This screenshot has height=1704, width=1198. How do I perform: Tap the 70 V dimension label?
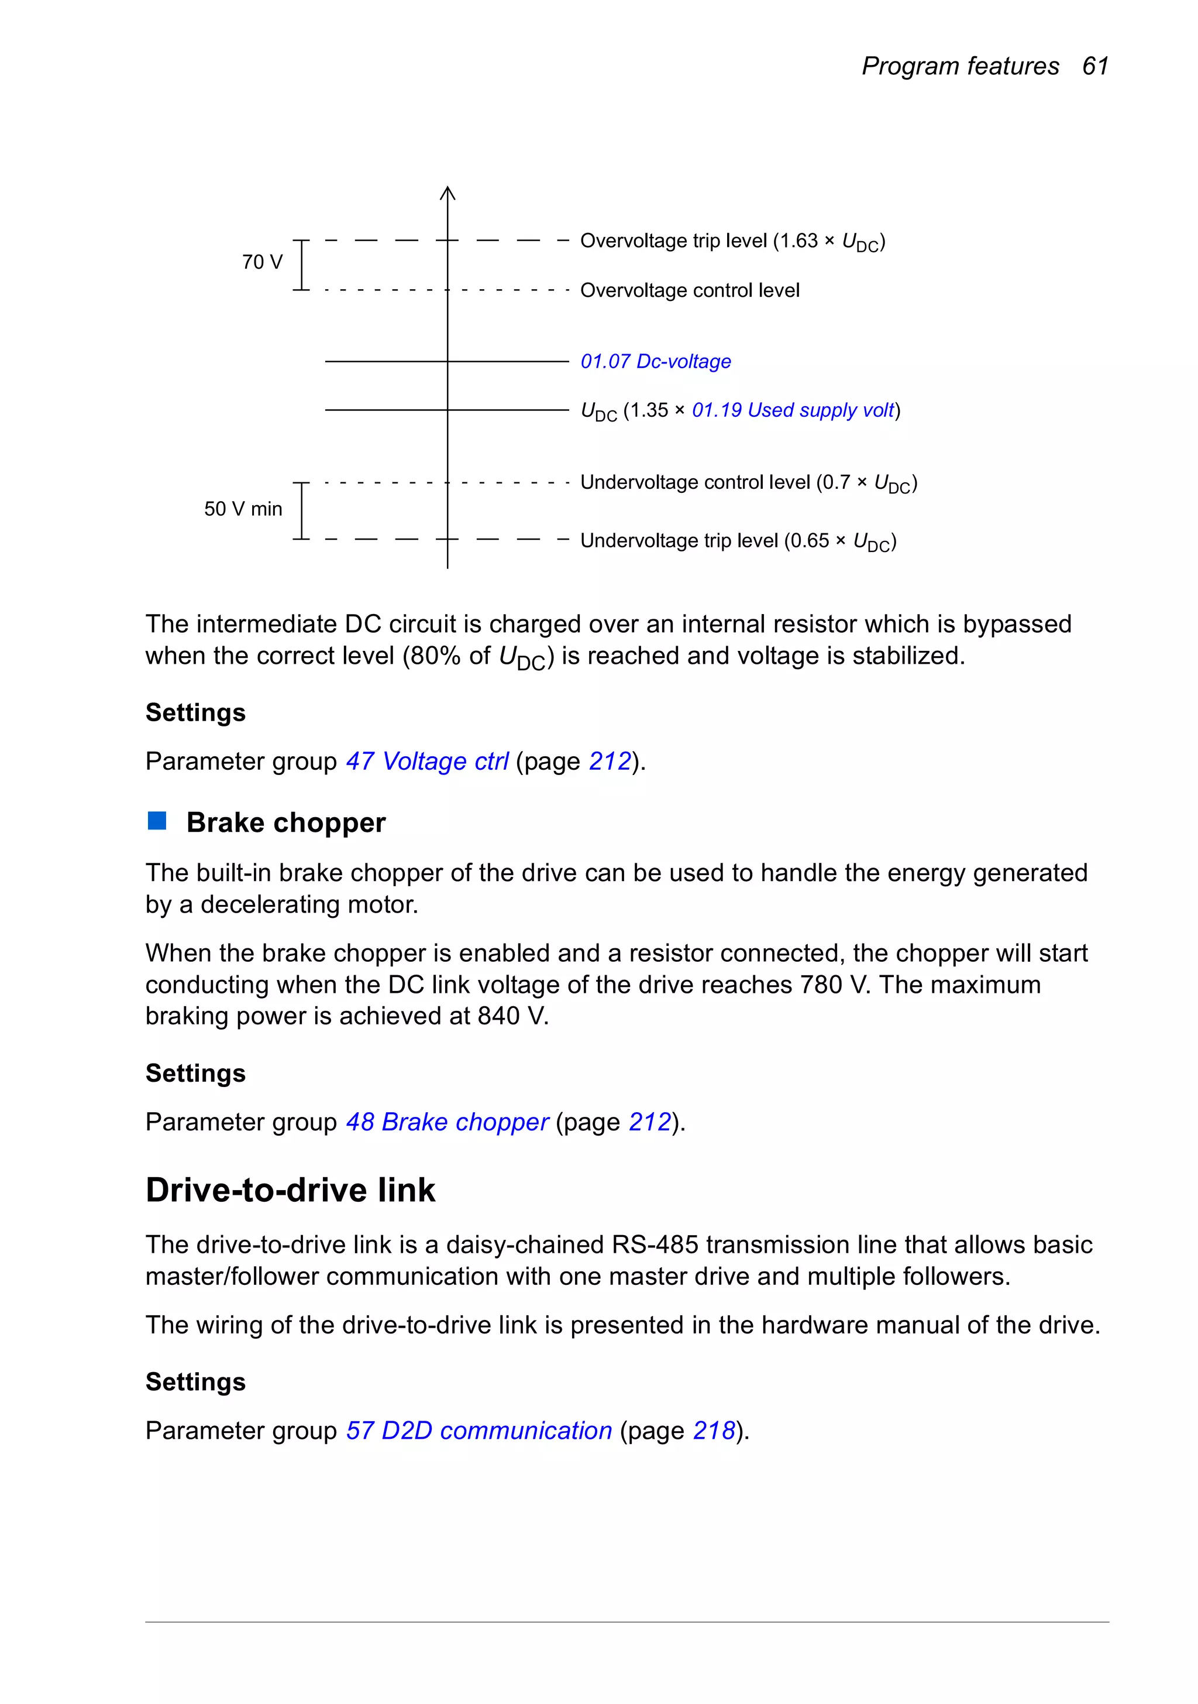[x=262, y=262]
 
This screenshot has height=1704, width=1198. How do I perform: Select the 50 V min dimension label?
[x=243, y=509]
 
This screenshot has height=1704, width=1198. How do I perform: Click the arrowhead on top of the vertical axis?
[x=447, y=193]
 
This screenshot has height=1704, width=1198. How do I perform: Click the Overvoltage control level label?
[x=689, y=290]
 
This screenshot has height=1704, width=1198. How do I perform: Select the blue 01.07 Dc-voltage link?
[x=655, y=361]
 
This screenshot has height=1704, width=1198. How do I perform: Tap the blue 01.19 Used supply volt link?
[x=793, y=410]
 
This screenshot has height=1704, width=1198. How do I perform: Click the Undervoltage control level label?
[x=748, y=483]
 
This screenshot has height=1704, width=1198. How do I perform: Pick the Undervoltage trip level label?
[x=738, y=541]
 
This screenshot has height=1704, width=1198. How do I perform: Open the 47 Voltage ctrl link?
[x=427, y=762]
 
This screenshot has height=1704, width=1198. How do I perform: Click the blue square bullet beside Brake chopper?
[x=157, y=821]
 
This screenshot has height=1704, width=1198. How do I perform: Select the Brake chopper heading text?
[x=285, y=823]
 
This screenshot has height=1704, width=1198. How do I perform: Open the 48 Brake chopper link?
[x=447, y=1122]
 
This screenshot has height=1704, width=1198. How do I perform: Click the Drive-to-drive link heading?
[x=290, y=1191]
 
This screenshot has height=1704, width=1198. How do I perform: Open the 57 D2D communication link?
[x=478, y=1431]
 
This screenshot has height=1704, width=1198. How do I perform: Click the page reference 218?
[x=714, y=1431]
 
